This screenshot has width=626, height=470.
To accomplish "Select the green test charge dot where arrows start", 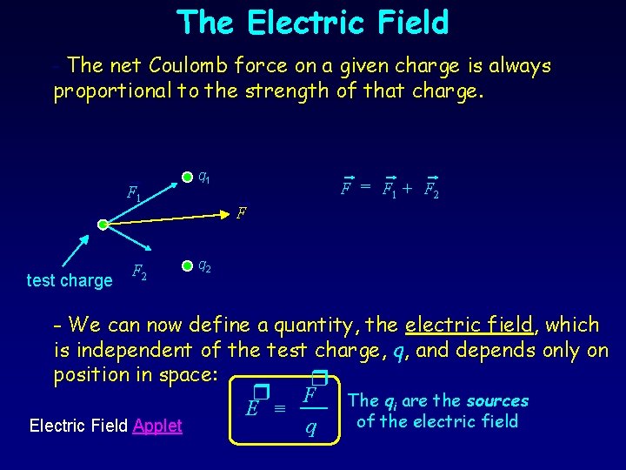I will pos(103,225).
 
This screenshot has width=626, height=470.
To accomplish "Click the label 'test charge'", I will pos(70,280).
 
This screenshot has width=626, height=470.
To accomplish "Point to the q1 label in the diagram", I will pos(203,178).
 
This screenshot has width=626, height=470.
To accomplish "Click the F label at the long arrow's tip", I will pos(243,211).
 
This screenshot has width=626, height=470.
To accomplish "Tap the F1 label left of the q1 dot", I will pos(133,193).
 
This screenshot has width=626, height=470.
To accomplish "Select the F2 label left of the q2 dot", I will pos(138,272).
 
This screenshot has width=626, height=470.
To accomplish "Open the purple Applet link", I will pos(157,426).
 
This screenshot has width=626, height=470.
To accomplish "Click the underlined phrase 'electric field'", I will pos(469,326).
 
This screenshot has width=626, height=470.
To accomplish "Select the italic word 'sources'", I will pos(496,401).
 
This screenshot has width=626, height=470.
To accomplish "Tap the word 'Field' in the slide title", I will pos(402,23).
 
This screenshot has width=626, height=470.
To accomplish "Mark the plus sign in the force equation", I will pos(407,187).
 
